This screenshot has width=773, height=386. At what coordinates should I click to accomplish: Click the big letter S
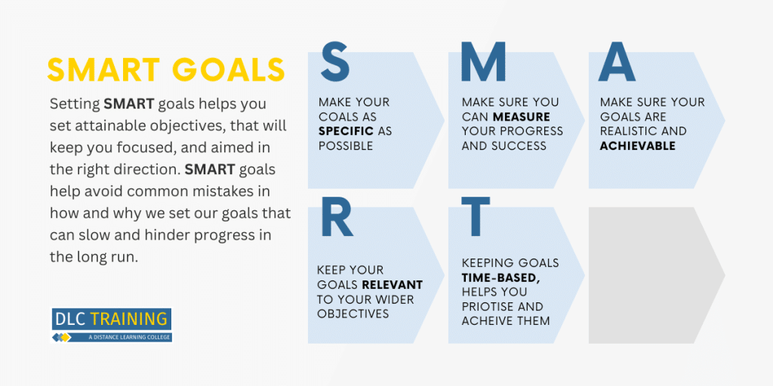[335, 62]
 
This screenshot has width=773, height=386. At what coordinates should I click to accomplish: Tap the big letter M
[483, 62]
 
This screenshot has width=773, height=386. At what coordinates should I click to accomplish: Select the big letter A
[617, 62]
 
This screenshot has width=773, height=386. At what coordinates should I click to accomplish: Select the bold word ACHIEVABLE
[637, 146]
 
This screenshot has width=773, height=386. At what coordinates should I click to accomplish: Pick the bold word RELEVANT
[393, 284]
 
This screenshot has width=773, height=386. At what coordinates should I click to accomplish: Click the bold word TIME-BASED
[501, 277]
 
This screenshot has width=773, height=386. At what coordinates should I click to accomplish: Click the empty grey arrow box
[656, 274]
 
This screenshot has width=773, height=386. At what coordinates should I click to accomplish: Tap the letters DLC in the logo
[71, 319]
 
